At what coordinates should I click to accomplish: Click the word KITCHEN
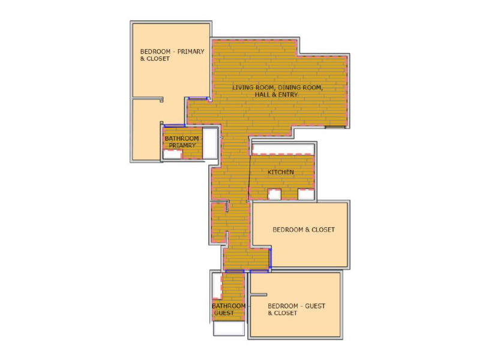(x=281, y=172)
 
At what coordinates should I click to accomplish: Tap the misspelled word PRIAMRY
(x=182, y=145)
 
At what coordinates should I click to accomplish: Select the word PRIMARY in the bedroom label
(x=191, y=52)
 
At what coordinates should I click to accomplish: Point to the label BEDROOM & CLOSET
(x=304, y=230)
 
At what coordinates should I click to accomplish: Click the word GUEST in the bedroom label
(x=315, y=306)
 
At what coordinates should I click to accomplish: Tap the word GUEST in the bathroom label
(x=224, y=313)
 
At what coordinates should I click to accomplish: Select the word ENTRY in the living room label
(x=288, y=95)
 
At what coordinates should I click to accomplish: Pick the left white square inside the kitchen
(x=274, y=194)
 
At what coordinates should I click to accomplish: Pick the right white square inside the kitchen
(x=306, y=194)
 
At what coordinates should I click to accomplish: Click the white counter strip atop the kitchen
(x=283, y=149)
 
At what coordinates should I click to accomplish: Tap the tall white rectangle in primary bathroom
(x=210, y=143)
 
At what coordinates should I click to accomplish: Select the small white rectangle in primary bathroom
(x=172, y=154)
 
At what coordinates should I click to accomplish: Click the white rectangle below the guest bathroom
(x=229, y=328)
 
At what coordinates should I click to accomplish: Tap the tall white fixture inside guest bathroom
(x=217, y=286)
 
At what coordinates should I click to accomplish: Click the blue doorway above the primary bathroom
(x=175, y=125)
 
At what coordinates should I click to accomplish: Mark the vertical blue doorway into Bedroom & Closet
(x=270, y=259)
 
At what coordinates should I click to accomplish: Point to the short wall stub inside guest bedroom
(x=259, y=295)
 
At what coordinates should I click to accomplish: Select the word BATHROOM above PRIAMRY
(x=182, y=139)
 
